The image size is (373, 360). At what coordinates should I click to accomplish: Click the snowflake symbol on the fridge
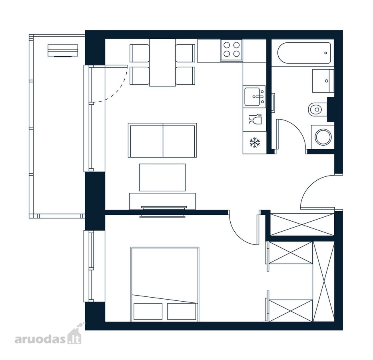[255, 143]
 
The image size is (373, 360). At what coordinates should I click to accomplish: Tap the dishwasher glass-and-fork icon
[255, 119]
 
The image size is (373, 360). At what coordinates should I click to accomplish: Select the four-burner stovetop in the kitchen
[231, 50]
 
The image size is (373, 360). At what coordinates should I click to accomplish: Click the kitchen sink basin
[252, 97]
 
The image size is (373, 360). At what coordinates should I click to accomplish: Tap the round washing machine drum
[323, 137]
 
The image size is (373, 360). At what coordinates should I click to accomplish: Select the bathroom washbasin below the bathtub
[323, 81]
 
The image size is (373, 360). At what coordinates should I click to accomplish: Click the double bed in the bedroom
[165, 284]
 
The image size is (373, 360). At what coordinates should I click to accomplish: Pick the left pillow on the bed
[148, 312]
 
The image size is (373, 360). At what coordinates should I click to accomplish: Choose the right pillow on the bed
[182, 312]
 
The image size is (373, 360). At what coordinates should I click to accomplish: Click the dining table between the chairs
[162, 62]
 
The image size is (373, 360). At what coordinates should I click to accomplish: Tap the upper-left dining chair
[140, 53]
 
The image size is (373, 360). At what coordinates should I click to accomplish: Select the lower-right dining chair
[186, 76]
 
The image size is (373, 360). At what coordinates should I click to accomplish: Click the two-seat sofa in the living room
[162, 140]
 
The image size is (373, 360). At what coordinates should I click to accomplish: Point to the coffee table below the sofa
[162, 177]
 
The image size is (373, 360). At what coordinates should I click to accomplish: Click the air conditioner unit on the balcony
[63, 51]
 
